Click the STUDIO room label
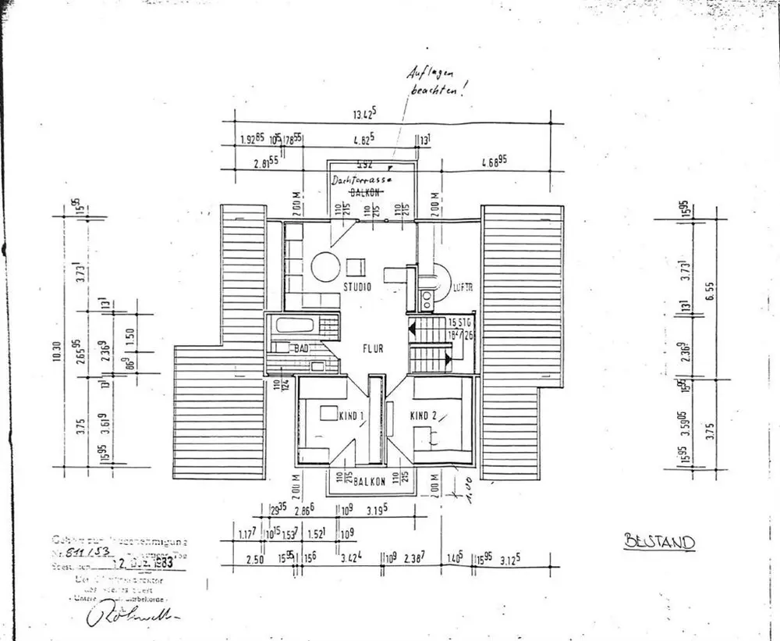tap(356, 287)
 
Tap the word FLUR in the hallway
tap(371, 349)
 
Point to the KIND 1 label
tap(350, 416)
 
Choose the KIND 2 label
tap(425, 416)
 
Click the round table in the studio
tap(324, 267)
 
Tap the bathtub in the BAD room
tap(298, 326)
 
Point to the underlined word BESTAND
tap(659, 541)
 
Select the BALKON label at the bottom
tap(368, 482)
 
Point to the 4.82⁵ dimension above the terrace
tap(364, 141)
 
